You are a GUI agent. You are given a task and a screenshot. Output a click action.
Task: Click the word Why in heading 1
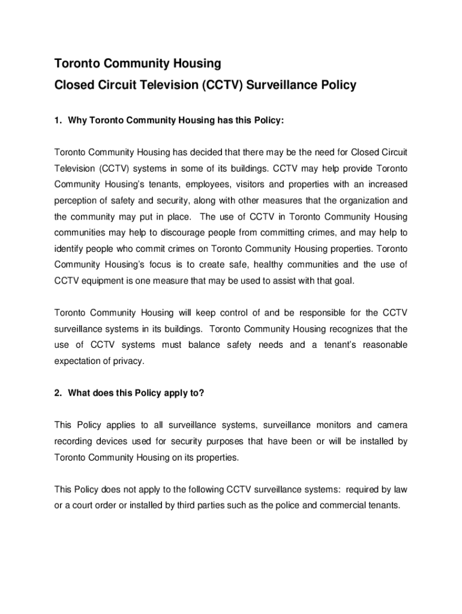(78, 121)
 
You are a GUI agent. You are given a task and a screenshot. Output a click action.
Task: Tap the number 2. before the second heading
(58, 393)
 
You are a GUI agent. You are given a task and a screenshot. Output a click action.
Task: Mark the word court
(86, 505)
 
